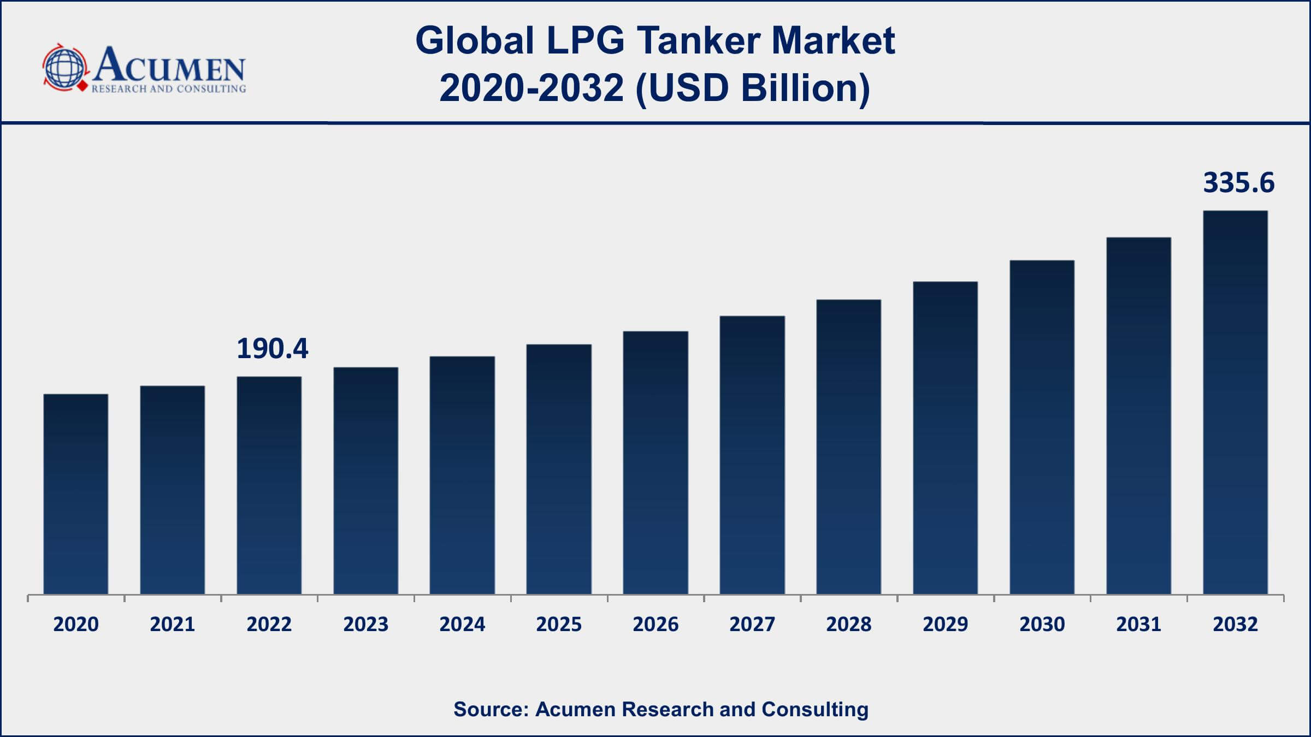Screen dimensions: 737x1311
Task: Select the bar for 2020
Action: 76,494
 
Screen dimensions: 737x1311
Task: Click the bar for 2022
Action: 269,485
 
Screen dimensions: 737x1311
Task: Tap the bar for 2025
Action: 559,469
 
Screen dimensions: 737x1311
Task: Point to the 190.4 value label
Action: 272,349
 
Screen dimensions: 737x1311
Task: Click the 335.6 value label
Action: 1238,183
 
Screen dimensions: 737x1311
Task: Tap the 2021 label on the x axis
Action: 172,624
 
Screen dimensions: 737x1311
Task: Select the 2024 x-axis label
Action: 462,624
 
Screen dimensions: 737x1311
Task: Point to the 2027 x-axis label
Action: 752,624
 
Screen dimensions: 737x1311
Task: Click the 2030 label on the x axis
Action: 1042,624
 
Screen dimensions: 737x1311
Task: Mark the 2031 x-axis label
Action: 1138,624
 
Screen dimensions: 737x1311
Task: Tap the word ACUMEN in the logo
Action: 169,66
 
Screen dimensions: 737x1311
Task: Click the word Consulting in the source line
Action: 814,709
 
